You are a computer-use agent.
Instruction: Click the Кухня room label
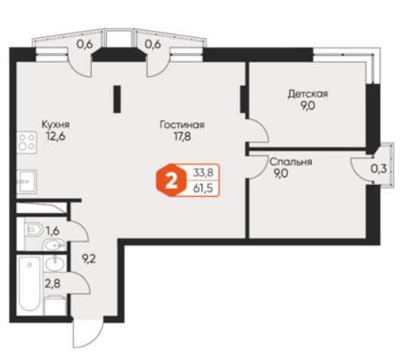pos(55,124)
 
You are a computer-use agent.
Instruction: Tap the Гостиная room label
pos(182,125)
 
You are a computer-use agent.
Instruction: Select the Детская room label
pos(308,94)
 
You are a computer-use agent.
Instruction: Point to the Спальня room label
pos(290,161)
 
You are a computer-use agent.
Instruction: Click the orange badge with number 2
pos(171,180)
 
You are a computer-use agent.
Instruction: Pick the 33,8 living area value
pos(203,172)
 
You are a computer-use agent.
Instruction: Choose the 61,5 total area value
pos(203,188)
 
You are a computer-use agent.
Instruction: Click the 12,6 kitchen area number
pos(55,136)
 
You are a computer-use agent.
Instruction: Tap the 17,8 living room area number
pos(182,136)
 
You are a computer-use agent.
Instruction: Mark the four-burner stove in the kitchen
pos(27,142)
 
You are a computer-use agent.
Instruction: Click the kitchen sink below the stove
pos(27,181)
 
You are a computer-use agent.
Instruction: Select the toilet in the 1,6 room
pos(34,230)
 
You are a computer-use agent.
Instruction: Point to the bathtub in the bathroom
pos(30,283)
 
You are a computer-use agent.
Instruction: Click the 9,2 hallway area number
pos(89,259)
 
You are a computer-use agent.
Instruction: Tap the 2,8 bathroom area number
pos(53,283)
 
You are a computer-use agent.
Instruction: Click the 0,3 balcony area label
pos(378,169)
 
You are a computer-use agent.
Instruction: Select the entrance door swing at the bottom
pos(89,332)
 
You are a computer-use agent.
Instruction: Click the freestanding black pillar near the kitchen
pos(117,99)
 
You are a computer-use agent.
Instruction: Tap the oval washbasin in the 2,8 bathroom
pos(55,264)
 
